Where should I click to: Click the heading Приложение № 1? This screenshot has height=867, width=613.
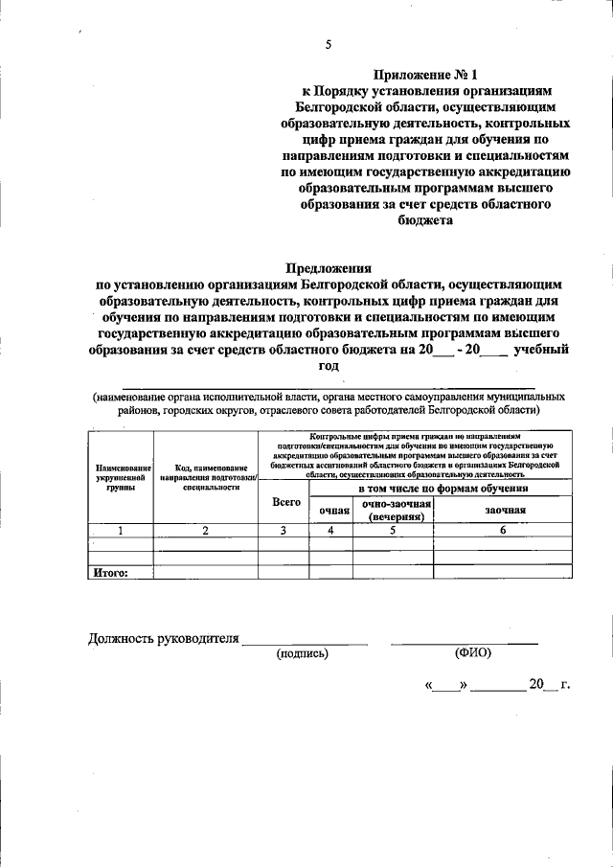(424, 73)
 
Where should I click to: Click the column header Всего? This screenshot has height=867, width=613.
(286, 501)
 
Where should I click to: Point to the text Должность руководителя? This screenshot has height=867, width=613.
(162, 638)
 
